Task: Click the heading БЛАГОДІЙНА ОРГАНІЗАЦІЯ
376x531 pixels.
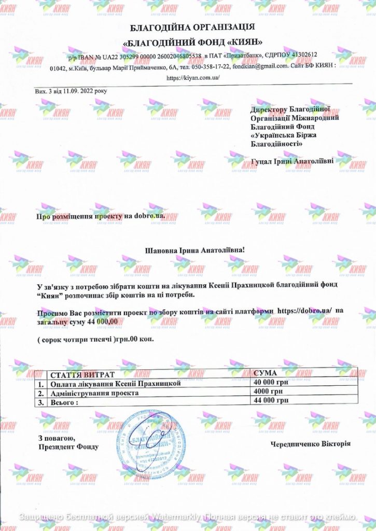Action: [x=192, y=27]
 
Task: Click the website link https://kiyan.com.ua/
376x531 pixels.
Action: [x=193, y=78]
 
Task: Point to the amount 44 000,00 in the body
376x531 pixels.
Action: [x=103, y=322]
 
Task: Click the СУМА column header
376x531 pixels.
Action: [x=266, y=373]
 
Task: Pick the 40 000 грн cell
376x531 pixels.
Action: [x=271, y=383]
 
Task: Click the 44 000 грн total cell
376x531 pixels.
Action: [x=271, y=401]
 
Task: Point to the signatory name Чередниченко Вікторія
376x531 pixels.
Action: [x=310, y=444]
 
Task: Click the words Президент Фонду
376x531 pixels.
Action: [x=68, y=446]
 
